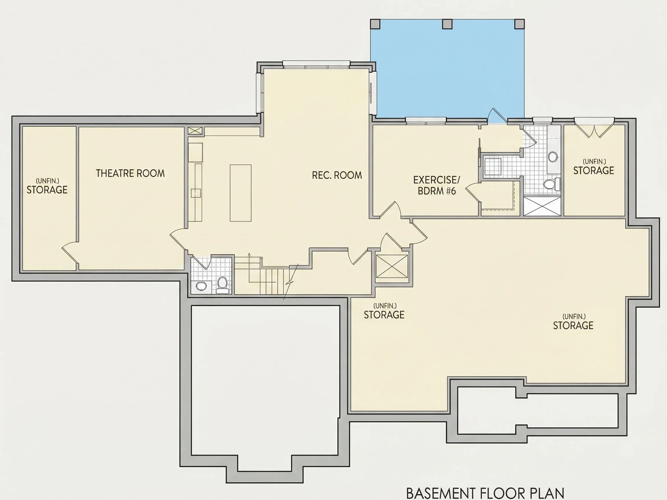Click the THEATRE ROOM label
[x=130, y=173]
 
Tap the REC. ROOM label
[x=337, y=175]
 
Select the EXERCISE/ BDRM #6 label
[x=437, y=185]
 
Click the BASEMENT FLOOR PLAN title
[x=485, y=493]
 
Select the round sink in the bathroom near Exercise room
[x=552, y=157]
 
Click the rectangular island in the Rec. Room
[x=241, y=193]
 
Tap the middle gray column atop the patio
[x=447, y=24]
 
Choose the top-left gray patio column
[x=375, y=24]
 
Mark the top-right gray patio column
[x=519, y=24]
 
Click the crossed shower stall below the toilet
[x=542, y=206]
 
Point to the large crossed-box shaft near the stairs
[x=392, y=266]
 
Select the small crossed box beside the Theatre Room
[x=196, y=131]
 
